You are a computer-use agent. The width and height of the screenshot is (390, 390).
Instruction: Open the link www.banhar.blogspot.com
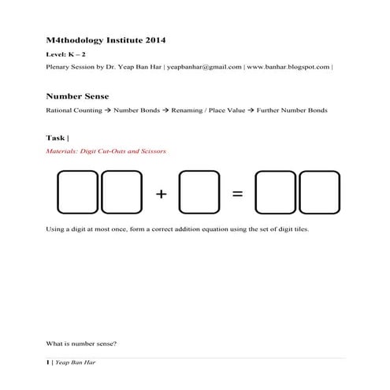click(x=288, y=68)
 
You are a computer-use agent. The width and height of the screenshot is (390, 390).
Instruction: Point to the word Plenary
click(x=59, y=68)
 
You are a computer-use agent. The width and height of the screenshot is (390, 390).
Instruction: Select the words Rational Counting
click(x=74, y=110)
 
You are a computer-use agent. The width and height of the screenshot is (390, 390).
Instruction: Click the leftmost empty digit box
click(x=77, y=193)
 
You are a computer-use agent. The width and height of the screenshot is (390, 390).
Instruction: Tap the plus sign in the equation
click(x=162, y=194)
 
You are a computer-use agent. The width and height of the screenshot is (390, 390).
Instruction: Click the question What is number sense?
click(x=82, y=343)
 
